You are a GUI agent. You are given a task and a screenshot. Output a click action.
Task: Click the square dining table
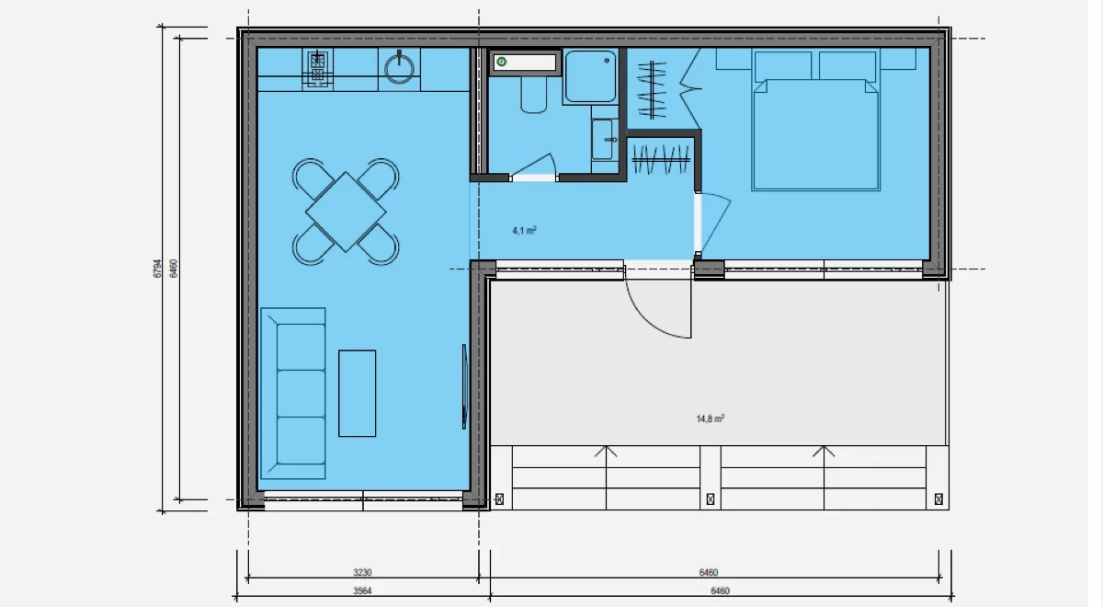pyautogui.click(x=346, y=212)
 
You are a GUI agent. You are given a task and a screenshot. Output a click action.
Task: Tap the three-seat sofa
pyautogui.click(x=293, y=394)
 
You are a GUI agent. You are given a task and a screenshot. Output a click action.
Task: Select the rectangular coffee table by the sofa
pyautogui.click(x=357, y=394)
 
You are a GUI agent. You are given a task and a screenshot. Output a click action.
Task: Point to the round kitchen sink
pyautogui.click(x=399, y=68)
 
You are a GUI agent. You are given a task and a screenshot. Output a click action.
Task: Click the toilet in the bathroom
pyautogui.click(x=534, y=94)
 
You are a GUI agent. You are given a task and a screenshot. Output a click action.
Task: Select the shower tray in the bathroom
pyautogui.click(x=590, y=75)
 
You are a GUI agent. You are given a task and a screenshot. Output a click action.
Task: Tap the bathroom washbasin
pyautogui.click(x=604, y=140)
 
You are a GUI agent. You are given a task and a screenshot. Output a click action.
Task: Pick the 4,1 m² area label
pyautogui.click(x=524, y=231)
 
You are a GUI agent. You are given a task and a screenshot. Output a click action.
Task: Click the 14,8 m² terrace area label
pyautogui.click(x=710, y=418)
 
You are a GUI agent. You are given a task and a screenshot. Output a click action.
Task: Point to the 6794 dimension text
pyautogui.click(x=157, y=269)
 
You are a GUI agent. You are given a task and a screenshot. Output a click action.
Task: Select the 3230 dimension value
pyautogui.click(x=362, y=572)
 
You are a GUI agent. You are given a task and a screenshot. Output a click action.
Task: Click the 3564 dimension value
pyautogui.click(x=362, y=590)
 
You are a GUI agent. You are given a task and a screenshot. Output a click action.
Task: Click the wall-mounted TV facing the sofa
pyautogui.click(x=464, y=386)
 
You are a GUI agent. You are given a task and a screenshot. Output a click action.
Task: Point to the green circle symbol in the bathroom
pyautogui.click(x=502, y=62)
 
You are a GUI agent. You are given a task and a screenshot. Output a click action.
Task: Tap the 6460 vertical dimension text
pyautogui.click(x=174, y=269)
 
